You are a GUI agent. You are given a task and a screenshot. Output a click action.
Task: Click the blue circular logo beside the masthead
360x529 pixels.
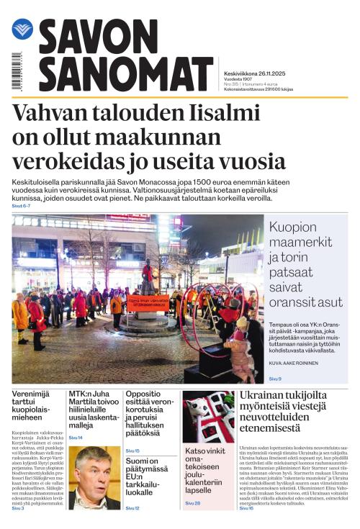(x=22, y=30)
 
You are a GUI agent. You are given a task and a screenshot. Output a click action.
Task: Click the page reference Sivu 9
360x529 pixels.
(x=275, y=379)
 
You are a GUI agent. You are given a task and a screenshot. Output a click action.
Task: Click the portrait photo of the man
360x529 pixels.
(x=94, y=477)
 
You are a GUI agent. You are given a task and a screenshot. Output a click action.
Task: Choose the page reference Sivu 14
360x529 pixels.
(x=76, y=438)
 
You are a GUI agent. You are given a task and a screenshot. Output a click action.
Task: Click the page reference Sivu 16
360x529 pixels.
(x=246, y=509)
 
